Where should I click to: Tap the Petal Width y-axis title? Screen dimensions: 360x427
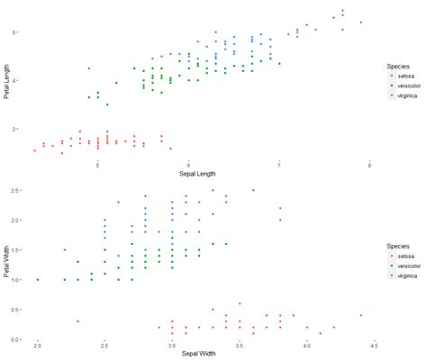pos(7,262)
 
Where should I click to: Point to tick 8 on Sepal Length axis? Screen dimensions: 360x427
pos(369,165)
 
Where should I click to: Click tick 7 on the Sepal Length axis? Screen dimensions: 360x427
pos(279,165)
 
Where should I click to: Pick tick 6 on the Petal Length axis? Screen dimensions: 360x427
pos(14,31)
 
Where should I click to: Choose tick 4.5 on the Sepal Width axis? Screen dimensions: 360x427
pos(373,346)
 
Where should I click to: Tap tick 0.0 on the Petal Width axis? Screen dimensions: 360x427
pos(15,339)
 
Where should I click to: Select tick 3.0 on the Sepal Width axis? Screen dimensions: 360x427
pos(171,346)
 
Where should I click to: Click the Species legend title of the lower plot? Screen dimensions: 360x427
pos(399,243)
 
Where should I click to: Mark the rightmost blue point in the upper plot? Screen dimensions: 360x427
pos(360,22)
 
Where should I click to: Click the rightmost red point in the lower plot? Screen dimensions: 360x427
pos(360,316)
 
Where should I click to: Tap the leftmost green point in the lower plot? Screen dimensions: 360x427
pos(38,280)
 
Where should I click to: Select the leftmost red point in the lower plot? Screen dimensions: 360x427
pos(78,321)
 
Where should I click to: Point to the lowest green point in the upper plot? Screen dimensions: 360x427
pos(107,104)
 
